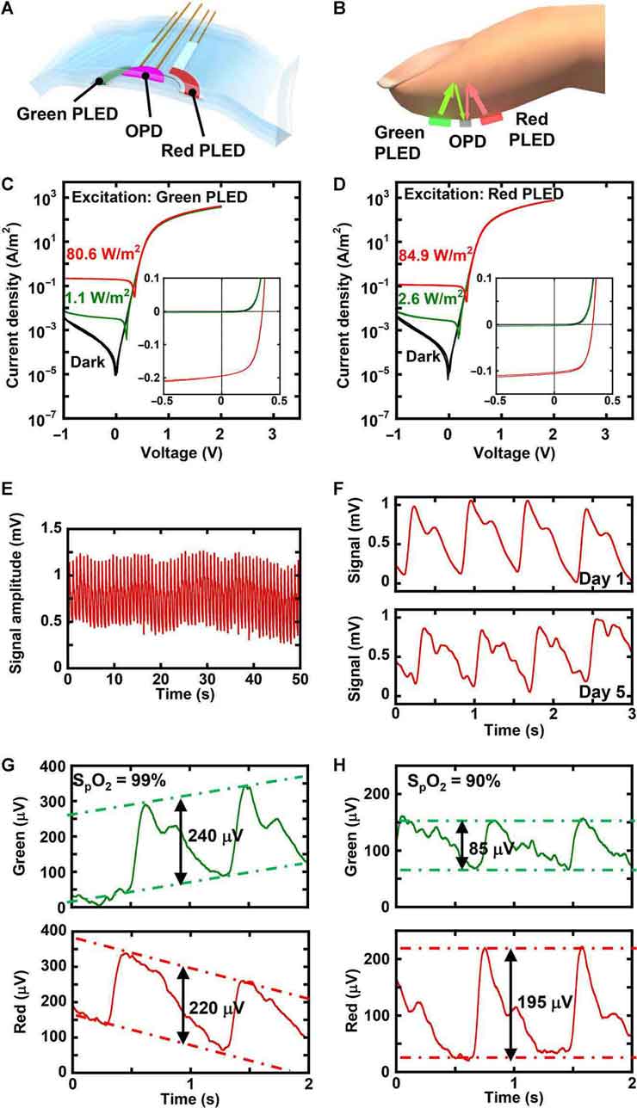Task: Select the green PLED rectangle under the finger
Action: (x=438, y=121)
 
